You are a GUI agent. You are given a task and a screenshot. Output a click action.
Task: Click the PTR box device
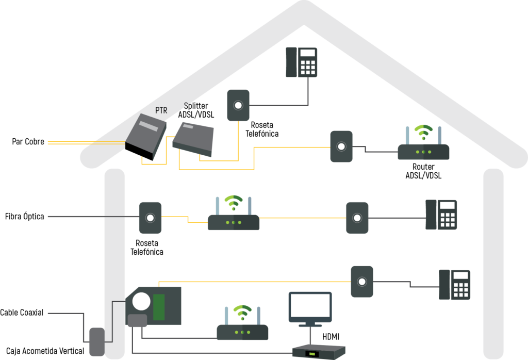pyautogui.click(x=145, y=137)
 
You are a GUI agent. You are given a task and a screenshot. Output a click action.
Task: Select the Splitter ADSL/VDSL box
pyautogui.click(x=193, y=139)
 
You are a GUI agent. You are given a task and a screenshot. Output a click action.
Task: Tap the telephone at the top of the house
pyautogui.click(x=301, y=62)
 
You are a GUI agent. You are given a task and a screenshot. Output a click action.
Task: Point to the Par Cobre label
pyautogui.click(x=28, y=141)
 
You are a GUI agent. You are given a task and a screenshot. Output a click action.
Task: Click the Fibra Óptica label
pyautogui.click(x=25, y=216)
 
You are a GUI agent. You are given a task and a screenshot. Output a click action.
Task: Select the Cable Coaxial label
pyautogui.click(x=22, y=313)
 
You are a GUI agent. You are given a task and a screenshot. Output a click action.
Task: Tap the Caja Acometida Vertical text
pyautogui.click(x=45, y=351)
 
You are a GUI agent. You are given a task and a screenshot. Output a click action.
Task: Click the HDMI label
pyautogui.click(x=331, y=336)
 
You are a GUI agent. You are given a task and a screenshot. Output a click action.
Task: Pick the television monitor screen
pyautogui.click(x=310, y=306)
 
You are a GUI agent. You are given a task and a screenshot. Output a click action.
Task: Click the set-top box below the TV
pyautogui.click(x=319, y=352)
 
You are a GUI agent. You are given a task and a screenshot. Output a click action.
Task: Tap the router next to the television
pyautogui.click(x=242, y=323)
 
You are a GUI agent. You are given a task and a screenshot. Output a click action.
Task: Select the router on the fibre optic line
pyautogui.click(x=234, y=213)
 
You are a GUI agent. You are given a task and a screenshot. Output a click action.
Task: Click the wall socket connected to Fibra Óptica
pyautogui.click(x=150, y=218)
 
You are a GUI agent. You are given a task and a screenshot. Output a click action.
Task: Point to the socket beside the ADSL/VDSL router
pyautogui.click(x=341, y=146)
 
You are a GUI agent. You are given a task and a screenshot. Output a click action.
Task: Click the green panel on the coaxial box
pyautogui.click(x=159, y=307)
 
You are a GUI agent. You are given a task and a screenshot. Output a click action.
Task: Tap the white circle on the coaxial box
pyautogui.click(x=141, y=301)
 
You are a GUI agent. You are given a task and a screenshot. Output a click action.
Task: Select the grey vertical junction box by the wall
pyautogui.click(x=97, y=342)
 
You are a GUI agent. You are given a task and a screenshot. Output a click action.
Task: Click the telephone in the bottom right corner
pyautogui.click(x=455, y=285)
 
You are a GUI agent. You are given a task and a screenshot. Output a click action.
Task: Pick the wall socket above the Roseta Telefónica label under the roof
pyautogui.click(x=238, y=105)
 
